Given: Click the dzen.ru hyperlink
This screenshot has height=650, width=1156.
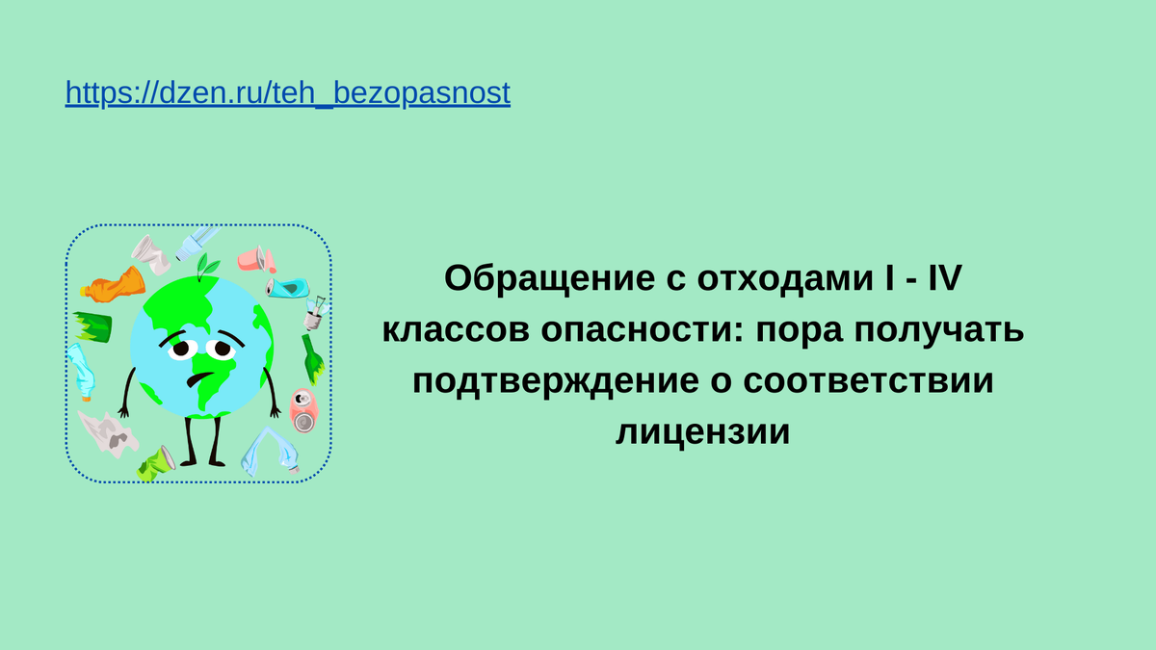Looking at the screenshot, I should [x=287, y=93].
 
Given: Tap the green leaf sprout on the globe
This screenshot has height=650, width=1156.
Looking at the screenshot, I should [x=204, y=265].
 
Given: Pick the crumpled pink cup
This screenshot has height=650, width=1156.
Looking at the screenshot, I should [x=255, y=259].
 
